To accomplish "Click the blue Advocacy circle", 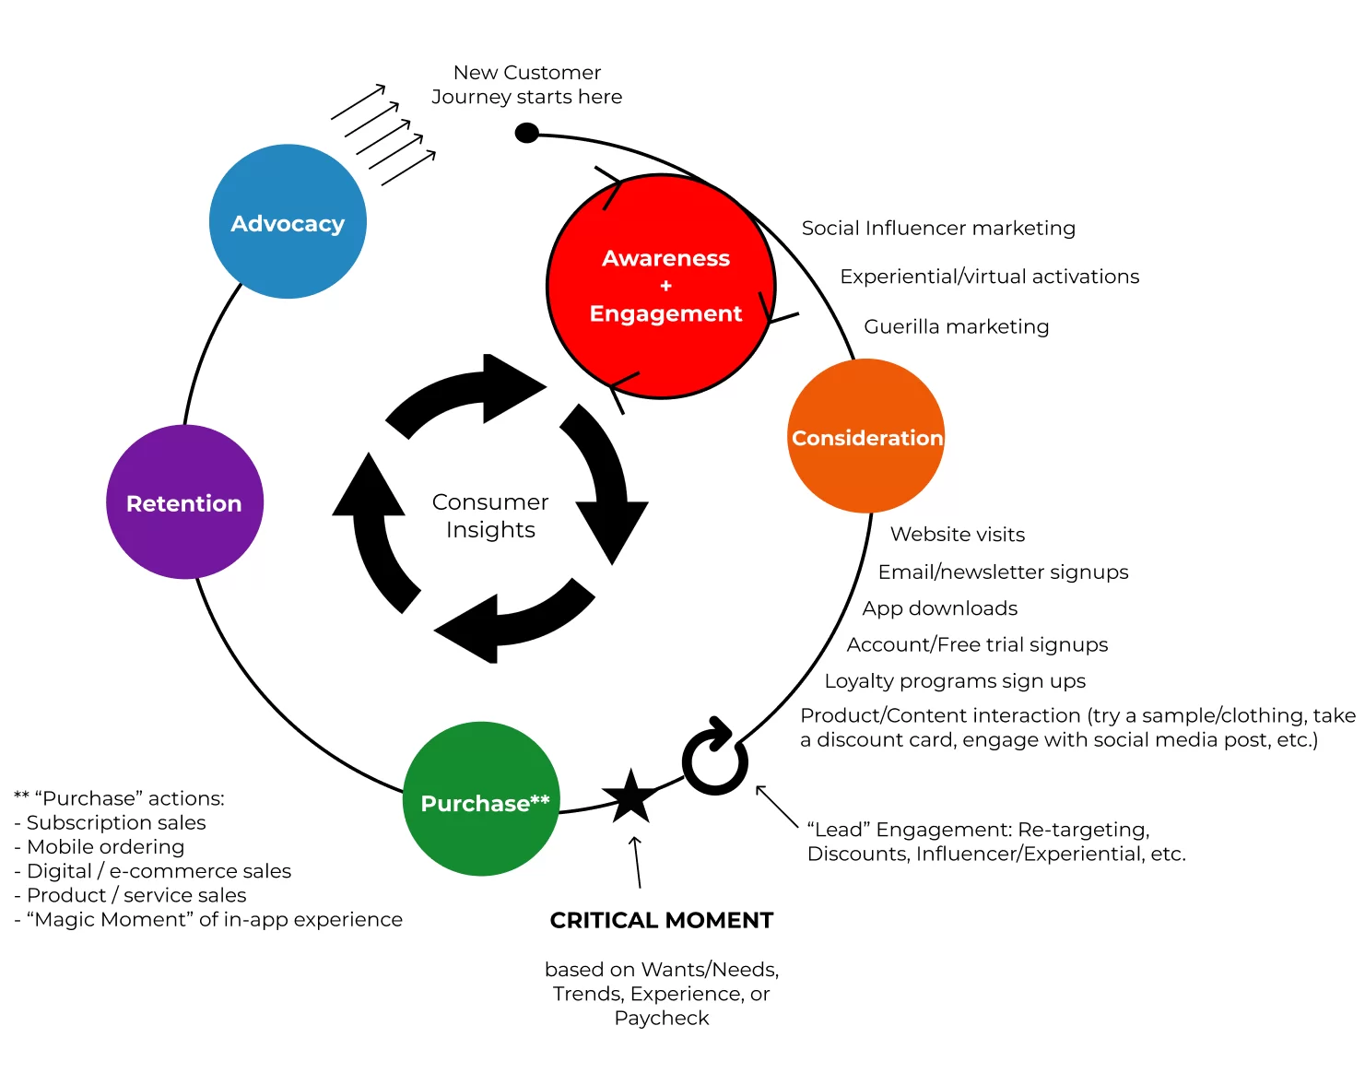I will (288, 222).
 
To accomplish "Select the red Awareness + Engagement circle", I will (662, 287).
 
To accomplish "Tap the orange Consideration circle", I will (866, 437).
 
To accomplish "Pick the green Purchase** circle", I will (482, 800).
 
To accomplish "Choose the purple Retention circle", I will (184, 502).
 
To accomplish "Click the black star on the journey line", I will (630, 797).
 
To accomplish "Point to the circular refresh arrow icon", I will (714, 759).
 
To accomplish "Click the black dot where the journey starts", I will (526, 134).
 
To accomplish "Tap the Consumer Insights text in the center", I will (490, 515).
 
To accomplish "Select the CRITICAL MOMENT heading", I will (661, 920).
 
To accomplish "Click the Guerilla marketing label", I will (956, 326).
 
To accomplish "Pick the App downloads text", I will (939, 608).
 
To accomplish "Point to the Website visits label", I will (957, 535).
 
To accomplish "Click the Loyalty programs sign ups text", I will (954, 681).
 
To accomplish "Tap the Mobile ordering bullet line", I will (105, 846).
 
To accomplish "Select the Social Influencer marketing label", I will (937, 228).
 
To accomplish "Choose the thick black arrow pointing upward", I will (371, 525).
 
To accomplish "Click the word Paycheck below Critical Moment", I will (661, 1018).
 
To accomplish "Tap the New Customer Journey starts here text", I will (526, 85).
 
